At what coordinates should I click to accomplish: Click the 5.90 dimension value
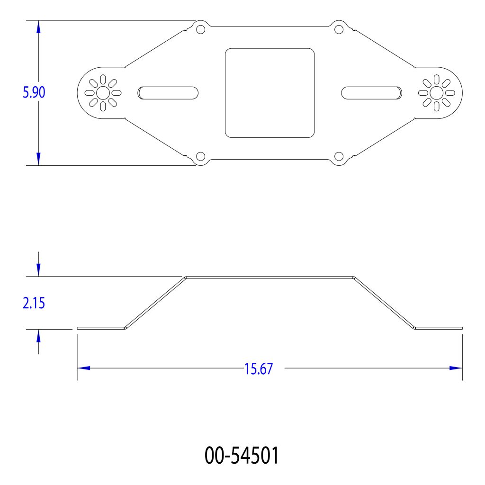coord(34,92)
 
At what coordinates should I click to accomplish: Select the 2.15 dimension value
coord(34,303)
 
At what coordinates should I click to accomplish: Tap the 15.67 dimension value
coord(259,368)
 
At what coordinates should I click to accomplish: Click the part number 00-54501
coord(242,455)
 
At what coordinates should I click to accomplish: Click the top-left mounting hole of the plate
coord(201,29)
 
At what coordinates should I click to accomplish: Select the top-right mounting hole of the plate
coord(339,29)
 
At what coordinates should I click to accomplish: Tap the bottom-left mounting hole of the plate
coord(201,156)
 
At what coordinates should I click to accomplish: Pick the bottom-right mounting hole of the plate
coord(339,156)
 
